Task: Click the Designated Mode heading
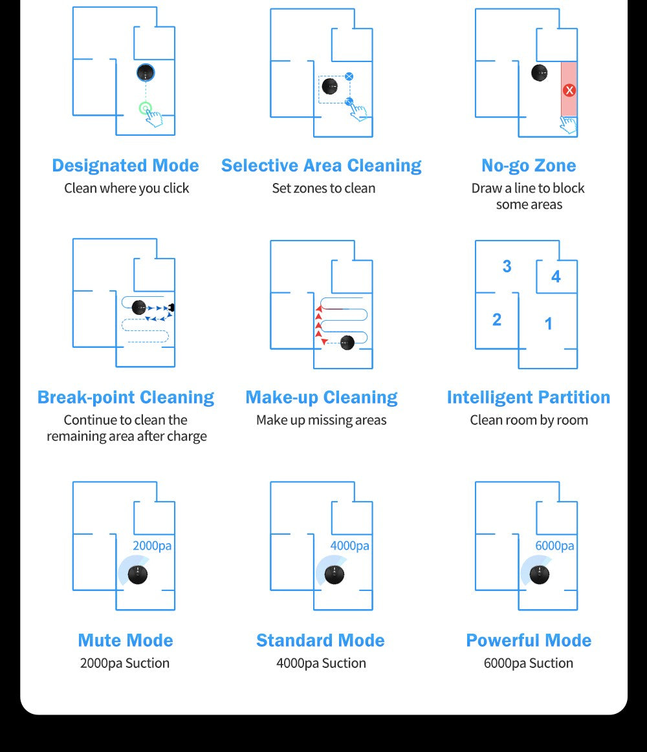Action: [126, 166]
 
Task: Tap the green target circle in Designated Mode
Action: [146, 109]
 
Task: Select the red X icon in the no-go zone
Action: [569, 90]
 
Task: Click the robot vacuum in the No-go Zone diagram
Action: [540, 73]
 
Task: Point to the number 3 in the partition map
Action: [507, 266]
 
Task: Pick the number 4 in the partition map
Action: [556, 276]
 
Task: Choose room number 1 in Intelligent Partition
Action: [548, 324]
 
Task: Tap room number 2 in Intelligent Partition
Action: [497, 319]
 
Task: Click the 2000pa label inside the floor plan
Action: [152, 546]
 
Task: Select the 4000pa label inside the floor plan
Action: [349, 546]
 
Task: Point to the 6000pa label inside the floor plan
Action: [554, 546]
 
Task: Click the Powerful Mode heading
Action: [529, 640]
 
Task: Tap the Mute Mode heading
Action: [126, 640]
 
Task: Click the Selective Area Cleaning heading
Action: [321, 166]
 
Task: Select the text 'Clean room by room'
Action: [529, 420]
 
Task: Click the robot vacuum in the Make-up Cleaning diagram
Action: [347, 343]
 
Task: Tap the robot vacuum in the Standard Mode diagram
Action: [334, 575]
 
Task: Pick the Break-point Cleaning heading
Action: [126, 397]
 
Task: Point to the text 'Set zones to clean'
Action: [323, 188]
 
